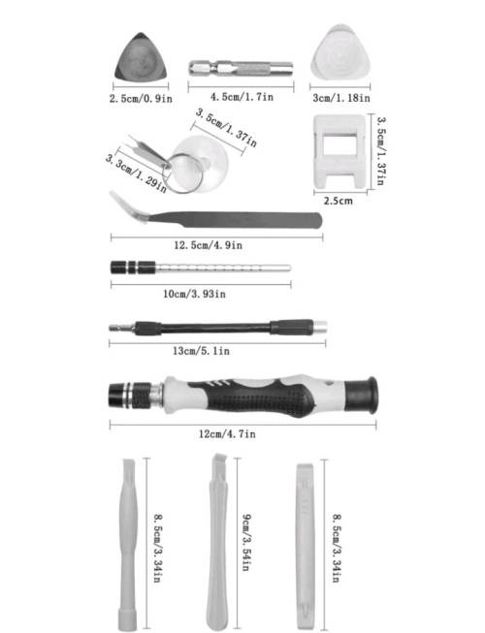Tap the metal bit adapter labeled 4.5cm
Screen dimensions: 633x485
coord(240,69)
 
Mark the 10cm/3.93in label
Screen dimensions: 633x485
coord(195,293)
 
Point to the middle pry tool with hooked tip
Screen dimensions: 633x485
coord(217,543)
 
